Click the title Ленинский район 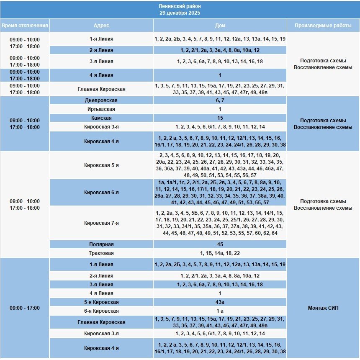coord(180,7)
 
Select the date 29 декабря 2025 coord(180,13)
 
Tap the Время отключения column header coord(25,26)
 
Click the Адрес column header coord(101,26)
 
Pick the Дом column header coord(220,26)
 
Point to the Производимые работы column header coord(323,26)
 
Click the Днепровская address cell coord(101,100)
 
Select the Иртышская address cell coord(101,109)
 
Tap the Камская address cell coord(101,118)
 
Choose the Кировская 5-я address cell coord(101,165)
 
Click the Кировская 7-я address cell coord(101,223)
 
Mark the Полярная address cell coord(101,244)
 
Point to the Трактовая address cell coord(101,253)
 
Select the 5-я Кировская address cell coord(101,302)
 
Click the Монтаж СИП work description coord(323,308)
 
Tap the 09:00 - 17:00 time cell coord(25,308)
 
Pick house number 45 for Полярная coord(220,244)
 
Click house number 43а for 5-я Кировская coord(220,302)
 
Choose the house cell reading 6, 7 coord(220,100)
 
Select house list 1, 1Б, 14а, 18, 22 coord(220,253)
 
